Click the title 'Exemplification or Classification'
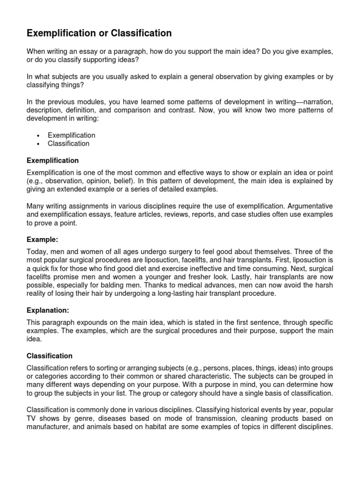point(99,33)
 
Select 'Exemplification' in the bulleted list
point(71,135)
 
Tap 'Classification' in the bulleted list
point(68,144)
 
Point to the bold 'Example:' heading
point(42,240)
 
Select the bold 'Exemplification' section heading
point(52,161)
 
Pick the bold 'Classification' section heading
point(50,356)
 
